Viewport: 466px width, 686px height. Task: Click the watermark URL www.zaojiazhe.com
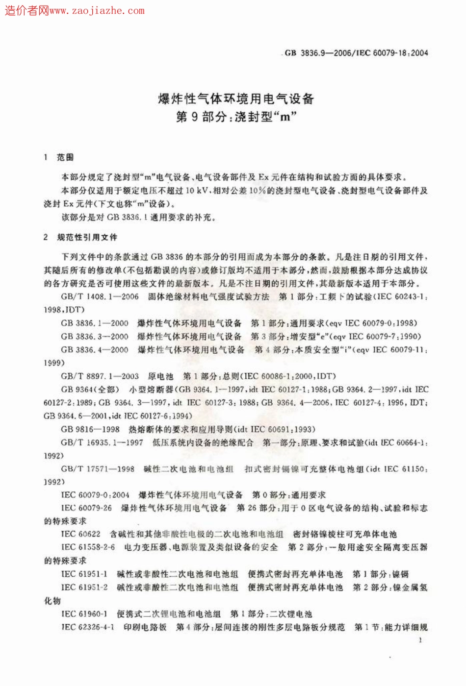coord(97,10)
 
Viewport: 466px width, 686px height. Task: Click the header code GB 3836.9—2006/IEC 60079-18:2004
coord(356,53)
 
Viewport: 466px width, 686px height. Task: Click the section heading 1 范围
coord(59,157)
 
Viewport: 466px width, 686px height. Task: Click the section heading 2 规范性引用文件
coord(80,237)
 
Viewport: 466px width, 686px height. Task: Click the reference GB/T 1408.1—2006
coord(100,296)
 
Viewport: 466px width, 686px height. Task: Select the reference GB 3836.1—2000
coord(95,323)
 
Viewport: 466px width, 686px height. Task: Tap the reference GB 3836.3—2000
coord(95,336)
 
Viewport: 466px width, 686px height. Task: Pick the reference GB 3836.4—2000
coord(95,349)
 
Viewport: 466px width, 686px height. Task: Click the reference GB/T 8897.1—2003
coord(100,376)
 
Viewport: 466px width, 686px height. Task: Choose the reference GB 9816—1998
coord(90,429)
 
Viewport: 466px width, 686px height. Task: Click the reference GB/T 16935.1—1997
coord(102,442)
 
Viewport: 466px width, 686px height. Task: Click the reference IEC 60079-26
coord(86,508)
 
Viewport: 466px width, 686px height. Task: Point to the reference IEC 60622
coord(81,534)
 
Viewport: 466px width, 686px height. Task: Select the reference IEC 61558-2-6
coord(88,547)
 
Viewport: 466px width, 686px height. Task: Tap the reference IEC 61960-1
coord(84,613)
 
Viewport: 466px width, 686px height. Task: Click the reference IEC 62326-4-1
coord(88,627)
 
